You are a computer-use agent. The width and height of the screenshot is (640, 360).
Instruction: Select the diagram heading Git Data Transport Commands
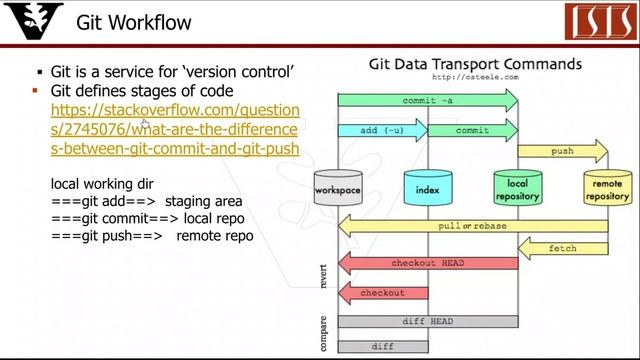point(475,64)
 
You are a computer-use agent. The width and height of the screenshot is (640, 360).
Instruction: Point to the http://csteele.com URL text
point(476,77)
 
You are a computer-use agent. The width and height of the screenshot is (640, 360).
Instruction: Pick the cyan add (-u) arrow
point(381,130)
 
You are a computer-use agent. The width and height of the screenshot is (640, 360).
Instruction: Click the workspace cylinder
point(337,188)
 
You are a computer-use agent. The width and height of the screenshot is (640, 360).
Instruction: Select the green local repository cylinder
point(517,188)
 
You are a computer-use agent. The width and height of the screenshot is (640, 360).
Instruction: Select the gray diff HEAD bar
point(427,321)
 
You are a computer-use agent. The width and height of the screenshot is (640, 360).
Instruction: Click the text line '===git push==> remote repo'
point(152,236)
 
